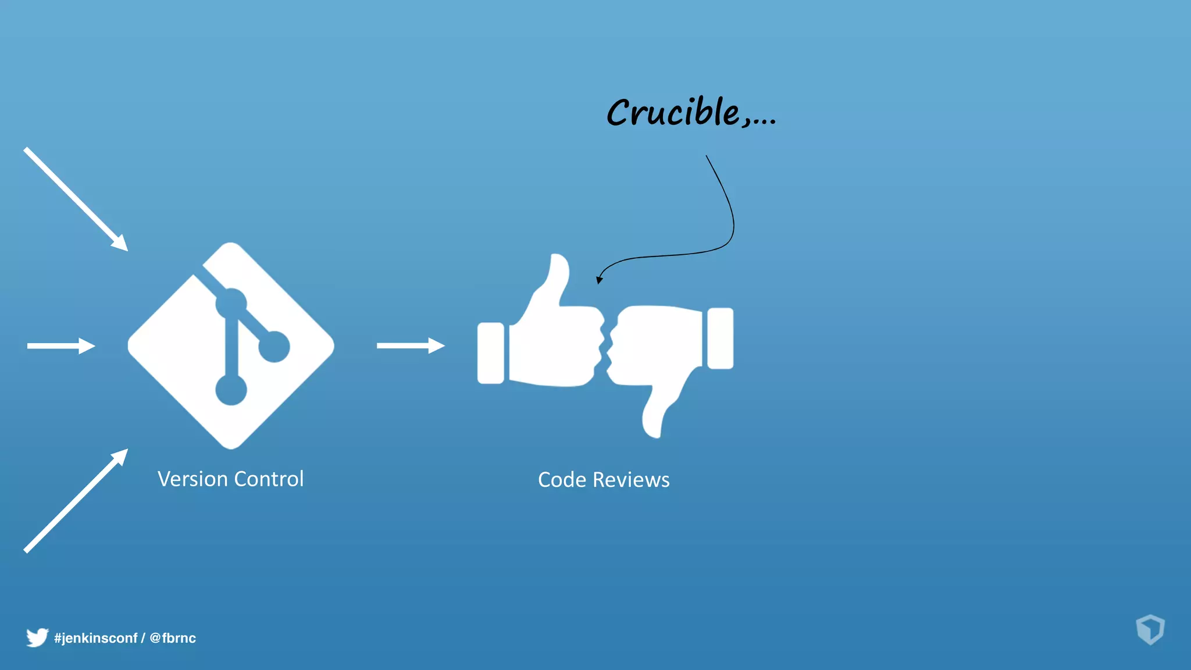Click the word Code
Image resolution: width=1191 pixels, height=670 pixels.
pos(562,480)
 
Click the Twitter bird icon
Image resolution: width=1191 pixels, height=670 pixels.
pos(37,637)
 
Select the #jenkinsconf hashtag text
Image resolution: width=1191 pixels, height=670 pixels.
pos(96,638)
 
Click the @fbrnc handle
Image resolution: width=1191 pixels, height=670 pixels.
pos(173,638)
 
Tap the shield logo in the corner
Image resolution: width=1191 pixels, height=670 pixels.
pos(1150,629)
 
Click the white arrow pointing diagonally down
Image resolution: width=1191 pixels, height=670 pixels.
pos(76,199)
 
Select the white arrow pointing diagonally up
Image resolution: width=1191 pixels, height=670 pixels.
pos(76,500)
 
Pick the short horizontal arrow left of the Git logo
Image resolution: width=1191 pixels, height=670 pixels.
pos(61,346)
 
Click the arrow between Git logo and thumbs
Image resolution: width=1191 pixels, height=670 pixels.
pos(411,345)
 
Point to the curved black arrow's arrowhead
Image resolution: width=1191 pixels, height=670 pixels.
pos(599,280)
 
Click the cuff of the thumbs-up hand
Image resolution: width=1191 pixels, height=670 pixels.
pos(491,353)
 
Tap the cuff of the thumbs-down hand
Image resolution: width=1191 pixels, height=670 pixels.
pos(721,338)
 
